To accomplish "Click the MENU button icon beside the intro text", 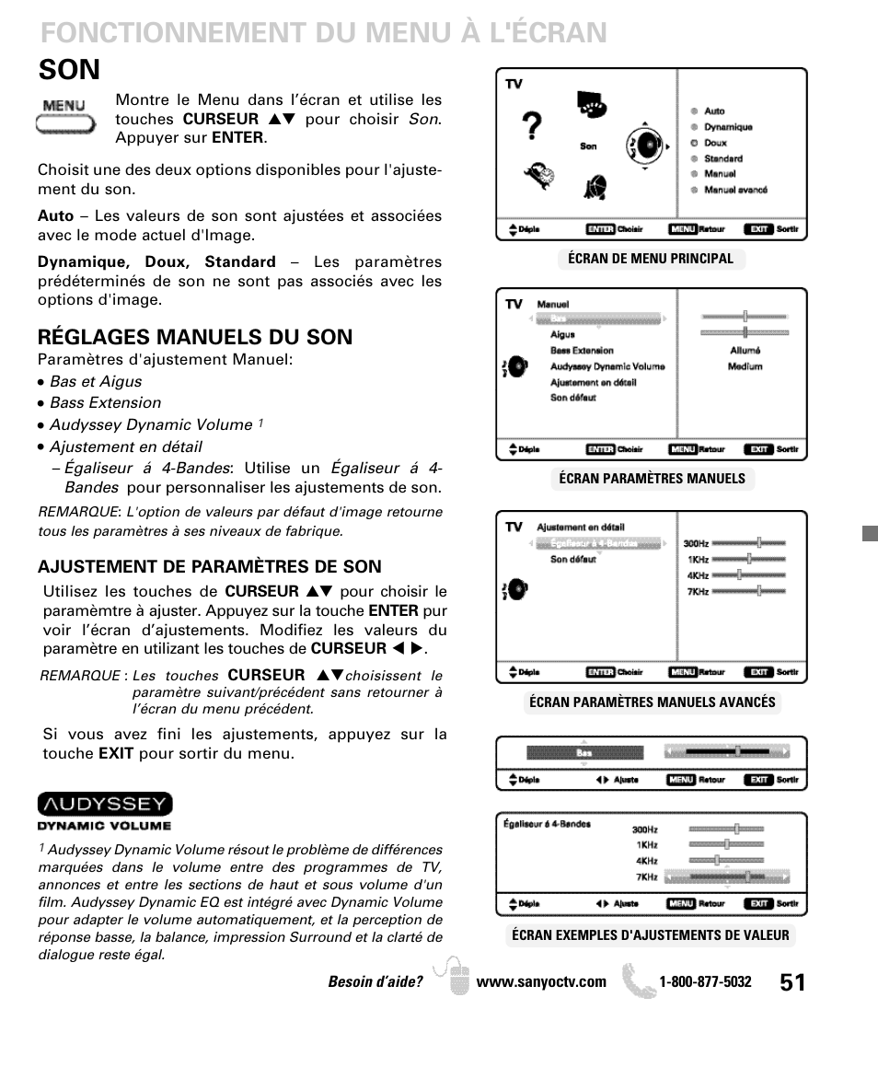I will (64, 116).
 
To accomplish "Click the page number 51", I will (791, 982).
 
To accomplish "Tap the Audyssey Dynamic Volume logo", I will (105, 811).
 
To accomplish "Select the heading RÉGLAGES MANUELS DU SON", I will (194, 337).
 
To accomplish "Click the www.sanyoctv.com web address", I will (541, 982).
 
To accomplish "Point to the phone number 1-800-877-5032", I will (705, 982).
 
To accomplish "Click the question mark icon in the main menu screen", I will (531, 127).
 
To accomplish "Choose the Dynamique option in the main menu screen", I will (728, 127).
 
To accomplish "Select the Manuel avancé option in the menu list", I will (735, 190).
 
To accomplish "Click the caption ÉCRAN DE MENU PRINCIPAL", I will (651, 259).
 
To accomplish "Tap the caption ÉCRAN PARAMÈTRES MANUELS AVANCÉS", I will (652, 702).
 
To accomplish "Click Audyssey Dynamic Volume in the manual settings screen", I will (607, 366).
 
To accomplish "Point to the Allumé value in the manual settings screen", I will (745, 351).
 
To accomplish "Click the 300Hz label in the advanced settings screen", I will (696, 543).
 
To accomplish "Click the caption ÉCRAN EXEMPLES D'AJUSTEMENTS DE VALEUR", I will (651, 935).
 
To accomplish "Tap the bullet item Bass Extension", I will (105, 403).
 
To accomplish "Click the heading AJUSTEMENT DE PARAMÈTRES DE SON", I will (209, 566).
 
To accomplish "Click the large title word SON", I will (70, 70).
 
